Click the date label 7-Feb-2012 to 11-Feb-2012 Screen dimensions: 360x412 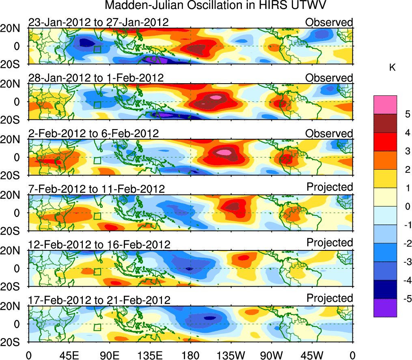click(97, 189)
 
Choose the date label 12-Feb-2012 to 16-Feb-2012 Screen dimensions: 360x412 click(99, 245)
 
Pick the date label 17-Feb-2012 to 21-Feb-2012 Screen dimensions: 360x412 click(99, 300)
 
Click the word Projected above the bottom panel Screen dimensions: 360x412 click(330, 298)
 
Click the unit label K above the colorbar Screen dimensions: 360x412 click(392, 68)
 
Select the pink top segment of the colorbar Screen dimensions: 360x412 click(384, 105)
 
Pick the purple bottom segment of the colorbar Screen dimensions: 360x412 click(384, 308)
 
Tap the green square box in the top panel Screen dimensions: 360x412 click(97, 49)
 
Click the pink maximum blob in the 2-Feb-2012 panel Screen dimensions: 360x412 click(224, 152)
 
